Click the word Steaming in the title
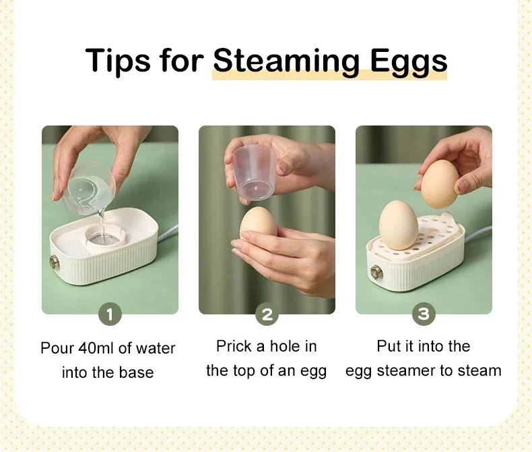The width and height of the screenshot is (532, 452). pos(286,61)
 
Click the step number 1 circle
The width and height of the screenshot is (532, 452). pos(110,314)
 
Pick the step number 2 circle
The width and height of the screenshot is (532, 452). pos(267,314)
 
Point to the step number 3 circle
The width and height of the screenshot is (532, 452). pos(424,314)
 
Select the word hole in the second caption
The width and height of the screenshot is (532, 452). pos(286,346)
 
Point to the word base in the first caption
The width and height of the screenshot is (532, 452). pos(137,372)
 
